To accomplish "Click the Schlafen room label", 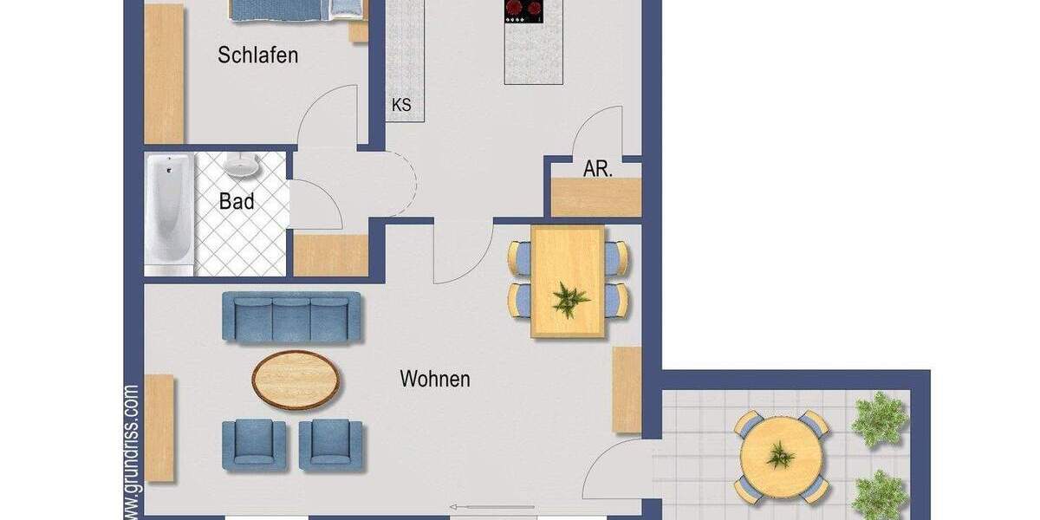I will click(257, 55).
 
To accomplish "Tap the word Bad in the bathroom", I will click(237, 202).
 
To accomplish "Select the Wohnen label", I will click(435, 379).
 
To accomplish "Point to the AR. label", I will click(598, 169).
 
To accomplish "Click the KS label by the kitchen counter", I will click(401, 106).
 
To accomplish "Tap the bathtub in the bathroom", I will click(168, 210).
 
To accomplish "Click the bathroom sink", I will click(238, 165).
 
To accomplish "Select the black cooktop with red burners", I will click(523, 10).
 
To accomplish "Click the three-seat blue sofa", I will click(291, 316).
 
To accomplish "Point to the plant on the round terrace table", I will click(780, 454).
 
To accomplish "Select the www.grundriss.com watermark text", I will click(131, 451).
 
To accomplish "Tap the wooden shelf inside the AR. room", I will click(596, 198).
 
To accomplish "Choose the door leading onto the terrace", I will click(615, 472).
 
